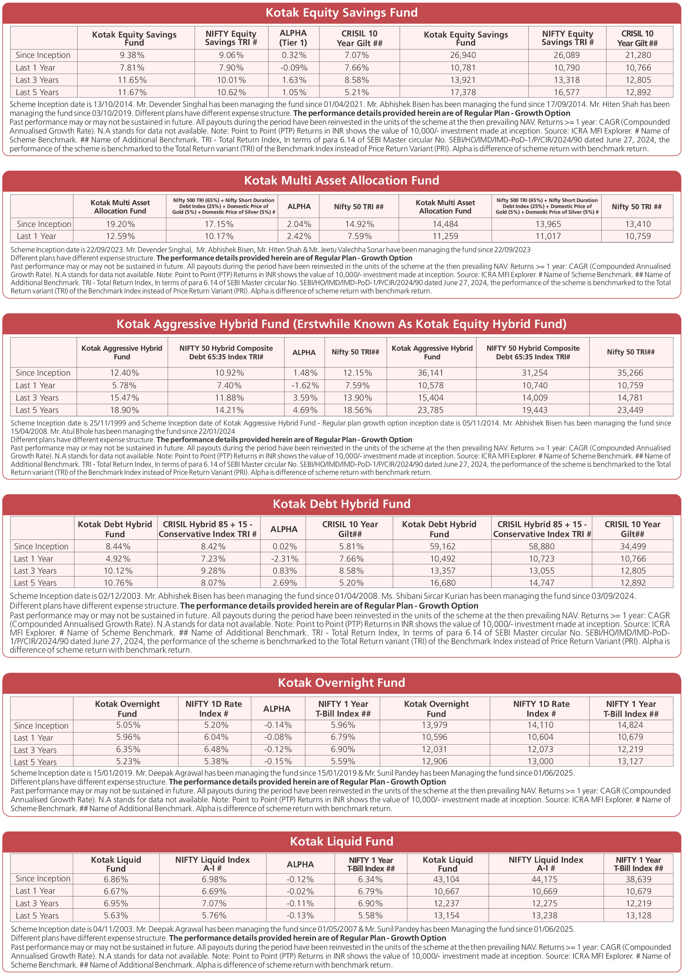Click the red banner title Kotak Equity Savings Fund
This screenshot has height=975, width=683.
coord(341,13)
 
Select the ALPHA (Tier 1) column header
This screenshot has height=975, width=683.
coord(293,38)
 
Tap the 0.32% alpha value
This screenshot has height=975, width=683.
coord(294,55)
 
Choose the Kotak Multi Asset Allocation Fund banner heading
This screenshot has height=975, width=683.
coord(341,181)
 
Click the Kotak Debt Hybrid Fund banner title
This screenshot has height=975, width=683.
coord(341,504)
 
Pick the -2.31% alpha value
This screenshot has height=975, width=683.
coord(284,559)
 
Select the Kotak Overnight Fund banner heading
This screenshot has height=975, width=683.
coord(341,683)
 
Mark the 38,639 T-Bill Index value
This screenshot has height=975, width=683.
coord(638,879)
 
